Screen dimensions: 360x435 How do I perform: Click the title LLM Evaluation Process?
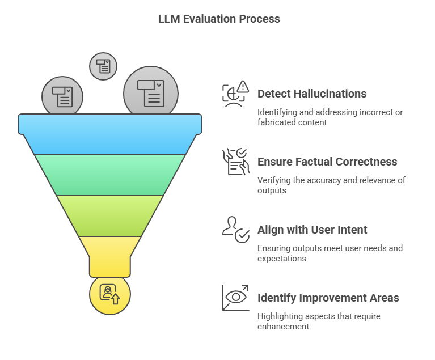(x=219, y=19)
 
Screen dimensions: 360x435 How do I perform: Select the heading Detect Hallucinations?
(x=311, y=94)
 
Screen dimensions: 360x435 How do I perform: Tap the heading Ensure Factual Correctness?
(x=327, y=162)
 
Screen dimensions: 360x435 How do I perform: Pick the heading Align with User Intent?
(x=312, y=230)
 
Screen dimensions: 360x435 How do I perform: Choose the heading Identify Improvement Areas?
(x=328, y=298)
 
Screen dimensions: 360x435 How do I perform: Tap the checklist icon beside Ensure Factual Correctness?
(x=235, y=162)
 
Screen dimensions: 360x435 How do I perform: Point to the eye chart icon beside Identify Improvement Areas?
(x=235, y=298)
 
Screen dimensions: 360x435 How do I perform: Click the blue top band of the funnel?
(x=110, y=134)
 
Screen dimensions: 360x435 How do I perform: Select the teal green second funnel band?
(x=110, y=175)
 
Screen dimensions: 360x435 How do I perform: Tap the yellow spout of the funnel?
(x=110, y=255)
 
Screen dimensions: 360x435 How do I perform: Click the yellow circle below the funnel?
(x=110, y=293)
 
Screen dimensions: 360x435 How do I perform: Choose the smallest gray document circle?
(x=103, y=66)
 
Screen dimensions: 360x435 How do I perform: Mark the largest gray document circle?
(x=151, y=92)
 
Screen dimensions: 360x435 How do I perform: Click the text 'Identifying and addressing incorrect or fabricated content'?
(x=330, y=117)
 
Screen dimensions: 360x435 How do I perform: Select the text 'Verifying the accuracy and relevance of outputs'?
(x=331, y=185)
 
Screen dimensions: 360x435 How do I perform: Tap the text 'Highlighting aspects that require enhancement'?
(x=319, y=321)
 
